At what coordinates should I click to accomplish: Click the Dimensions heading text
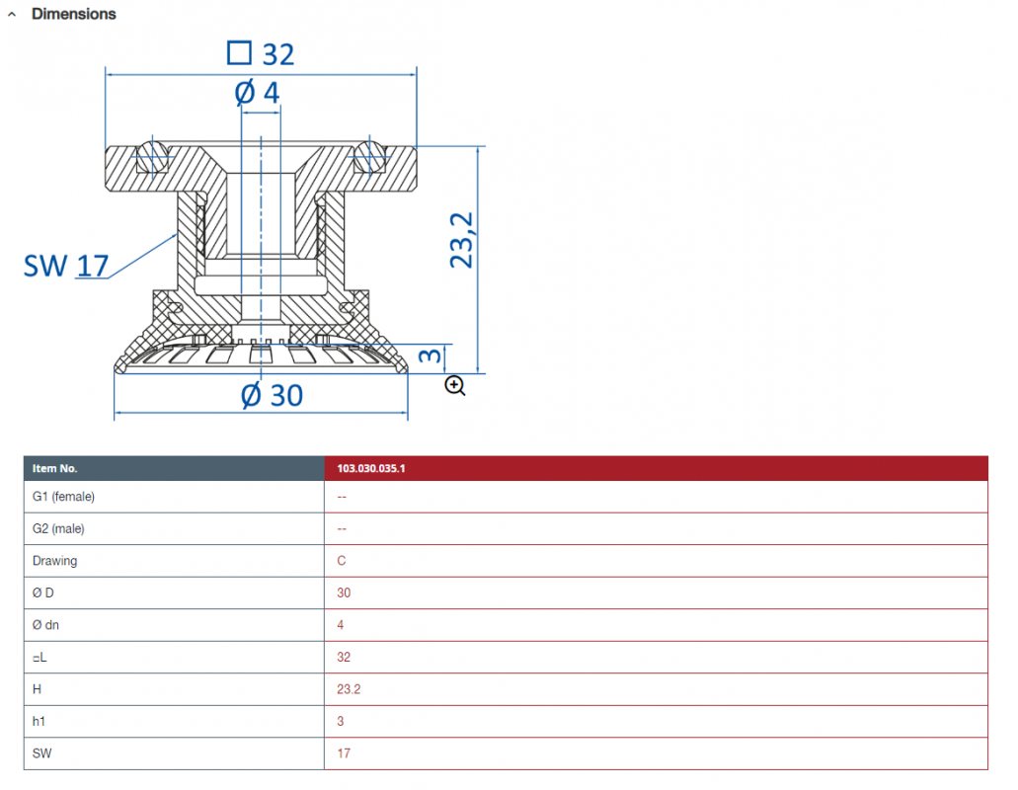tap(73, 14)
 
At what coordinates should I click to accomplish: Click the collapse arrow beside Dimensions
tap(12, 14)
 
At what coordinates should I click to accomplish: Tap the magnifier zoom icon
tap(455, 385)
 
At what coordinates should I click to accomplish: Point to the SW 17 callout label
tap(65, 266)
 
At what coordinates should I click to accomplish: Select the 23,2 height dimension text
tap(462, 240)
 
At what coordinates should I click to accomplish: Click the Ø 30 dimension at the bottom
tap(273, 395)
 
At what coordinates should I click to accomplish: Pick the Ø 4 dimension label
tap(257, 92)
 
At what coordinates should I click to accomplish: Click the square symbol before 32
tap(240, 52)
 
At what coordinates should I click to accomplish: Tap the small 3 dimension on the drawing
tap(430, 355)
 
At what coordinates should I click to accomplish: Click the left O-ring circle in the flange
tap(152, 157)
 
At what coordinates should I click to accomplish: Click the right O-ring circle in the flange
tap(369, 156)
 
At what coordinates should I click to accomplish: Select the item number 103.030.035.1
tap(370, 468)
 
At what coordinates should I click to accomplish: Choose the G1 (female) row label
tap(63, 497)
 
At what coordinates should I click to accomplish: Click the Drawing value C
tap(342, 561)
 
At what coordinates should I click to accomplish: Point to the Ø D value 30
tap(344, 592)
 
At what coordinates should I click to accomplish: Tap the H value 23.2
tap(349, 689)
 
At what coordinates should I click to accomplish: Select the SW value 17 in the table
tap(344, 753)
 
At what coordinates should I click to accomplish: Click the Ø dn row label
tap(45, 625)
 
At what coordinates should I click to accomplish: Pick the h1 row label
tap(39, 721)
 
